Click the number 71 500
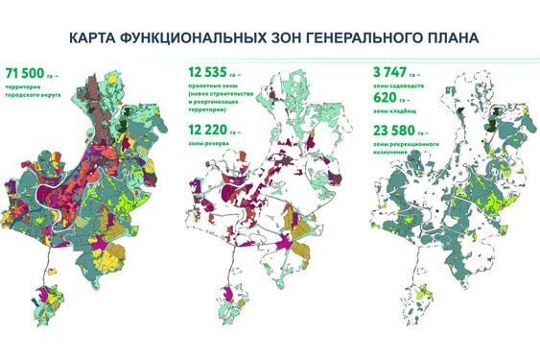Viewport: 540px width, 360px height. (x=30, y=73)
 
